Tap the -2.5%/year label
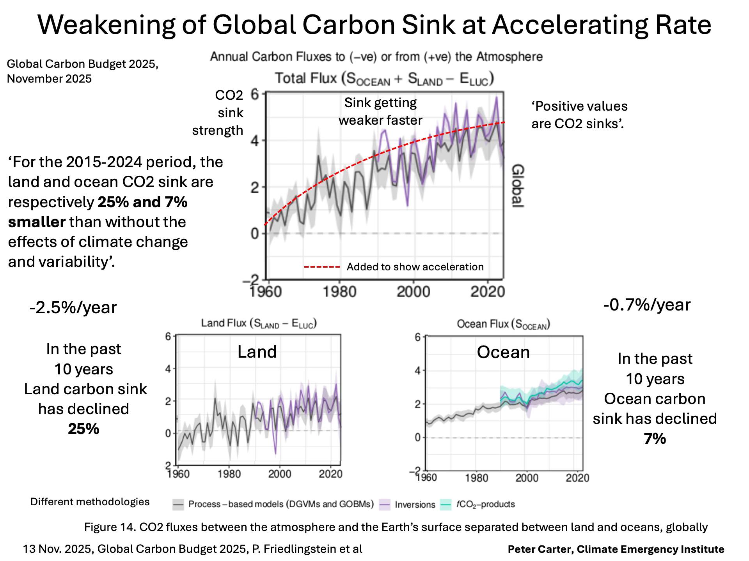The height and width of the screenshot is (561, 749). (73, 307)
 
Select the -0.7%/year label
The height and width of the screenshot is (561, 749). (647, 304)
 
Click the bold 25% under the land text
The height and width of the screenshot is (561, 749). (83, 429)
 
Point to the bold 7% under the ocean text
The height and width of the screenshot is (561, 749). (655, 438)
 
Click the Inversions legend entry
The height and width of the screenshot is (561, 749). (414, 505)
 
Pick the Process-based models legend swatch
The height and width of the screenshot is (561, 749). (178, 505)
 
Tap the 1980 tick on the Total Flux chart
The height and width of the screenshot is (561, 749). (340, 291)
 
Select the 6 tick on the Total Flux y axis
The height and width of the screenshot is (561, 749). (255, 94)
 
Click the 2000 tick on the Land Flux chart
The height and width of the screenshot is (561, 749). (280, 474)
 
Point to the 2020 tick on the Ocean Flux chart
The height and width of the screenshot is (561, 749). (577, 478)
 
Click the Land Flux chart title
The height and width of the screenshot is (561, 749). (259, 323)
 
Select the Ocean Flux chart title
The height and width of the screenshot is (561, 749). (503, 324)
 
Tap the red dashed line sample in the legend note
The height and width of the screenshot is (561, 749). (322, 267)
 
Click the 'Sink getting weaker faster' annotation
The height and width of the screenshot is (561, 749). (380, 111)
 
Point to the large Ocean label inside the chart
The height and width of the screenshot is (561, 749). (503, 352)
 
